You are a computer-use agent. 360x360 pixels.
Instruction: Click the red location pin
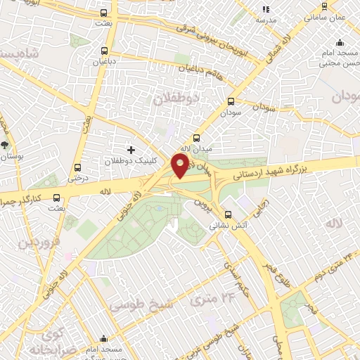point(181,166)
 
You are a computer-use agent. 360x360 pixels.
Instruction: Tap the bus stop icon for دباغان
point(105,51)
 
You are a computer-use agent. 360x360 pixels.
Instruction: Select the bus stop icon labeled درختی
point(77,167)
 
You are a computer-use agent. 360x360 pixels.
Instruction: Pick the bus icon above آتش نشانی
point(227,215)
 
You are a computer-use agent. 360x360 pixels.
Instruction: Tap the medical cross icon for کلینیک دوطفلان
point(131,149)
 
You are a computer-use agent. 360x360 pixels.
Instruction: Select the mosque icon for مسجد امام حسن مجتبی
point(340,42)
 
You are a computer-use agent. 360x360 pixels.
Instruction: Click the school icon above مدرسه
point(265,9)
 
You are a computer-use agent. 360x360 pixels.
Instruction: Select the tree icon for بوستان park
point(6,144)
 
